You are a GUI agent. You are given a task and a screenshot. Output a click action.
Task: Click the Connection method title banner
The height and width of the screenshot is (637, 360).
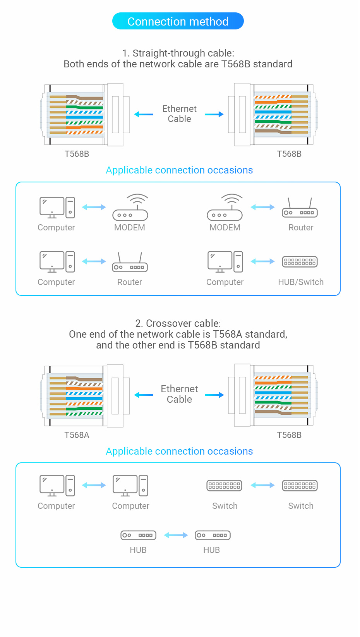point(178,21)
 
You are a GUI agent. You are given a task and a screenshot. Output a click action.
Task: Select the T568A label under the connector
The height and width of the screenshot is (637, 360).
point(77,435)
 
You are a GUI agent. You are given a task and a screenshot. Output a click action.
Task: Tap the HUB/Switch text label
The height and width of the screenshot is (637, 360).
point(301,282)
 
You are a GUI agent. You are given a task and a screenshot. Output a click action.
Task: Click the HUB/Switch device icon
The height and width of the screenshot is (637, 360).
point(300,262)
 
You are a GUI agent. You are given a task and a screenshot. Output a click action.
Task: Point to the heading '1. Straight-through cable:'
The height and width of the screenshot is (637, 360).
point(178,53)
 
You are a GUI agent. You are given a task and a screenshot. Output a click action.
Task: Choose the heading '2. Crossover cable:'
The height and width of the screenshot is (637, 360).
point(178,323)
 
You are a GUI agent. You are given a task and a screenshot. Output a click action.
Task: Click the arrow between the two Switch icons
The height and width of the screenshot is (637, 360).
point(262,485)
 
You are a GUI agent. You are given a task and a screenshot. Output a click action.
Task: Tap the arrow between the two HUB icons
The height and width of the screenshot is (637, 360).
point(176,535)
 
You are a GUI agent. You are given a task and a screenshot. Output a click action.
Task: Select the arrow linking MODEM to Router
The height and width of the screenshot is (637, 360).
point(262,207)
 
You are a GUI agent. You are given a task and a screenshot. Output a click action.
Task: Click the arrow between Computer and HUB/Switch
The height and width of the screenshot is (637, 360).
point(262,262)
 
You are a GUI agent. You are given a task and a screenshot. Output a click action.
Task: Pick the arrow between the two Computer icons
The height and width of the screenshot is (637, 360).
point(94,485)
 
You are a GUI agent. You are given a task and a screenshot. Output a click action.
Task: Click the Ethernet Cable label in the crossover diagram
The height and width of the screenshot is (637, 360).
point(179,394)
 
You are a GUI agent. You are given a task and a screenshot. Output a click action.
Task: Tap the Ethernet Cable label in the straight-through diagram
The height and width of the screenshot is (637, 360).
point(179,114)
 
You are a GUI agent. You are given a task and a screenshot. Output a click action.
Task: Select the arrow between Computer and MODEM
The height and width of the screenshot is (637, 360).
point(94,207)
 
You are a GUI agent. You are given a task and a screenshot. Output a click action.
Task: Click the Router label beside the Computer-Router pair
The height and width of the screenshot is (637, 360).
point(130,282)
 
